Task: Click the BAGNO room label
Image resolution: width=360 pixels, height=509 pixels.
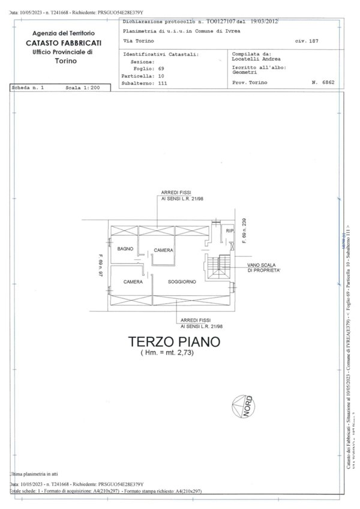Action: pos(125,248)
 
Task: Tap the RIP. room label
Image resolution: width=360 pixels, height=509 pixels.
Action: pos(229,231)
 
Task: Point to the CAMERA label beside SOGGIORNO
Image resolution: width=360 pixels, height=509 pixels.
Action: pos(133,282)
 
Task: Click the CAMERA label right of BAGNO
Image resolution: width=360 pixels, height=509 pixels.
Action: pos(163,250)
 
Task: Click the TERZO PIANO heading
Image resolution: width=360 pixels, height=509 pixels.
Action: pos(174,342)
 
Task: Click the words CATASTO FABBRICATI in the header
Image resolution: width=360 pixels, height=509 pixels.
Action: pos(64,44)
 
